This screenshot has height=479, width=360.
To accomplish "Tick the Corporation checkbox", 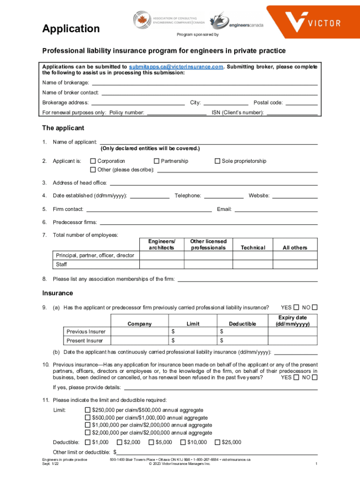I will pyautogui.click(x=93, y=161).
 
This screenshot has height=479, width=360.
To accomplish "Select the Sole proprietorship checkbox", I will pyautogui.click(x=217, y=161).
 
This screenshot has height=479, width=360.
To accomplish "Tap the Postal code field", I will pyautogui.click(x=301, y=102).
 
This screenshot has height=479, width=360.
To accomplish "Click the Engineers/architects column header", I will pyautogui.click(x=162, y=244).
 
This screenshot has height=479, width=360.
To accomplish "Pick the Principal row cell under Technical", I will pyautogui.click(x=253, y=255).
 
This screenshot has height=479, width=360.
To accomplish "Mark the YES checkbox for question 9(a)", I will pyautogui.click(x=296, y=307).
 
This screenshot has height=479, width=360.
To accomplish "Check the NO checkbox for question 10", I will pyautogui.click(x=315, y=377).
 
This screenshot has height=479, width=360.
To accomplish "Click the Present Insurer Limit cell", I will pyautogui.click(x=193, y=341).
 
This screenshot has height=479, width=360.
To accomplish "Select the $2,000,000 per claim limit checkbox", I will pyautogui.click(x=87, y=433).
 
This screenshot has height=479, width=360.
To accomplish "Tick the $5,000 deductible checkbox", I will pyautogui.click(x=151, y=442).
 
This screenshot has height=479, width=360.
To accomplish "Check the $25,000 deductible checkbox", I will pyautogui.click(x=217, y=442).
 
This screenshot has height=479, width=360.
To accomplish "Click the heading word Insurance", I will pyautogui.click(x=58, y=293).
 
